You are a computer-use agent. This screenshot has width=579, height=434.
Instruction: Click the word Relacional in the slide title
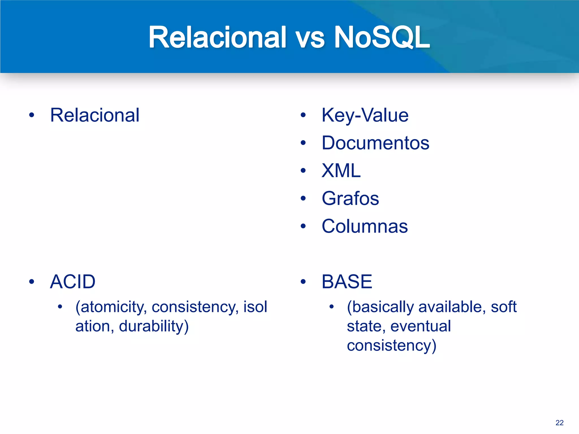[217, 37]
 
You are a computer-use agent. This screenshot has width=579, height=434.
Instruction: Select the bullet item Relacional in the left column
[95, 115]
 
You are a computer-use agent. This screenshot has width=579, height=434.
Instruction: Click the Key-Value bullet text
[365, 115]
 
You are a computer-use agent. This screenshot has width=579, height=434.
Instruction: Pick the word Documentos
[375, 143]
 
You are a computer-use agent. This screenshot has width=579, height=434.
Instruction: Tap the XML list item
[341, 171]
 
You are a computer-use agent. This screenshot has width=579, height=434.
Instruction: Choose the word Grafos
[350, 198]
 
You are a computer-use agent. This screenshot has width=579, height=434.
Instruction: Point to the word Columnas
[365, 226]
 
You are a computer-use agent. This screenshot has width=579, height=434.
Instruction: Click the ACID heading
[73, 282]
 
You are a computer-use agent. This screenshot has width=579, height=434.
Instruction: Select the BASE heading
[347, 282]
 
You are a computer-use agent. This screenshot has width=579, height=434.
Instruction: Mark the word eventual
[420, 326]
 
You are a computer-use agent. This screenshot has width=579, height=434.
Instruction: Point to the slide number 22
[559, 423]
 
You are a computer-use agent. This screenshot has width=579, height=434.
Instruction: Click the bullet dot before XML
[303, 171]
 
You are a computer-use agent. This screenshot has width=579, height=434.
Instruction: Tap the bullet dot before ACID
[32, 282]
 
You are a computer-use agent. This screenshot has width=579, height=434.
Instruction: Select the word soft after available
[504, 307]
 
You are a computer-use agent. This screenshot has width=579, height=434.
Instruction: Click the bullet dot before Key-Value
[303, 115]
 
